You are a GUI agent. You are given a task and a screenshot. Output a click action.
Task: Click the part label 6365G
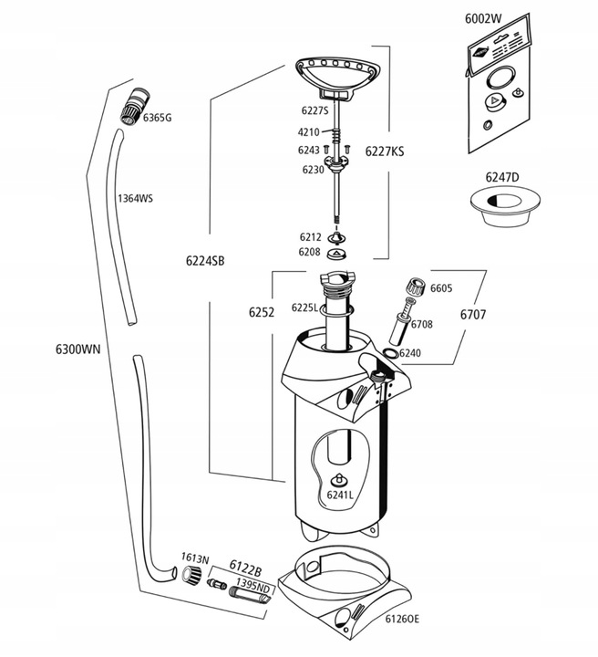tap(156, 119)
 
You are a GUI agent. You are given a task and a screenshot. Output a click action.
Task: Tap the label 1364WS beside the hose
tap(134, 198)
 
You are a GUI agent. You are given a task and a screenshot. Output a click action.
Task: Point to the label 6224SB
tap(205, 260)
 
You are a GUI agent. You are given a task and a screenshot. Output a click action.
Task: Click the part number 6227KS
tap(384, 152)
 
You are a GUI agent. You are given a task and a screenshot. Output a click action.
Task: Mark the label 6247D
tap(501, 177)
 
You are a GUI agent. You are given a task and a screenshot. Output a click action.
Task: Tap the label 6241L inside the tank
tap(339, 495)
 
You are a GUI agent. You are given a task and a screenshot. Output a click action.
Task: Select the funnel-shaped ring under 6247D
tap(500, 208)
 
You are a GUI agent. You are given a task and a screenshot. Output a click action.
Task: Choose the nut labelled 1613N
tap(192, 575)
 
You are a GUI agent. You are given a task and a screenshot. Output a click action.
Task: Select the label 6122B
tap(245, 566)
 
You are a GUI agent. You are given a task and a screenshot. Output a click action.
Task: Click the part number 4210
tap(308, 132)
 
